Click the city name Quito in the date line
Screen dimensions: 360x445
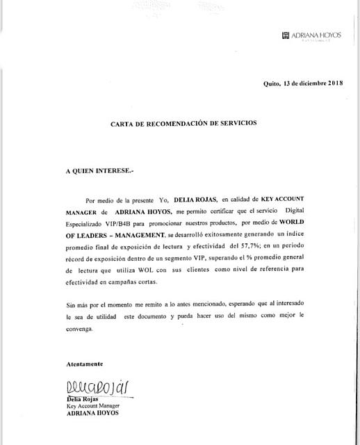coord(272,84)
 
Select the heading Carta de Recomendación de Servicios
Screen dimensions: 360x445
coord(183,123)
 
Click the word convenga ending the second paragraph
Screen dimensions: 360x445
coord(79,330)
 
